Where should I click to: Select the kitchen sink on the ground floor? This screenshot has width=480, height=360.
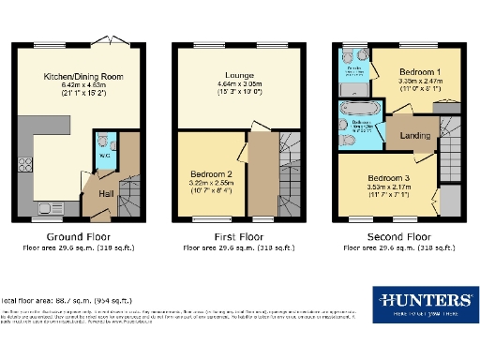click(47, 207)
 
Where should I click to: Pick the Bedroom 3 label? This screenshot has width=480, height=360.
click(386, 178)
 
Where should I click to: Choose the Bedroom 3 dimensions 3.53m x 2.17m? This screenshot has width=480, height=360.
click(386, 188)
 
